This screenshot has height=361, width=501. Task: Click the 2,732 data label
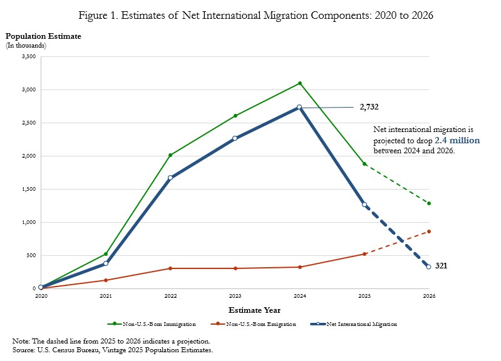click(369, 107)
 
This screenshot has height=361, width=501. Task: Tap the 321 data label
click(441, 266)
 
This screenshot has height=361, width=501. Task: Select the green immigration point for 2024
click(300, 83)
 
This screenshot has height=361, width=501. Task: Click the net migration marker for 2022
click(170, 178)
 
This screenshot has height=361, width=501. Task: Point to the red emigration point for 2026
click(429, 231)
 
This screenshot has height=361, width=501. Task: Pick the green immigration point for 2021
click(106, 254)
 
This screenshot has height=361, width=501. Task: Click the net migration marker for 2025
click(364, 205)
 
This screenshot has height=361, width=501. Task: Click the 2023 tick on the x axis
click(235, 295)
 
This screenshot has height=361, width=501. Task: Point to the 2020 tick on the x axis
click(41, 295)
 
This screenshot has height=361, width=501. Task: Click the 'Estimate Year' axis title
click(254, 310)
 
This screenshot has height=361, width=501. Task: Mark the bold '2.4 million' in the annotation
click(457, 141)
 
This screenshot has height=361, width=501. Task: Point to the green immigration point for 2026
click(429, 203)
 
